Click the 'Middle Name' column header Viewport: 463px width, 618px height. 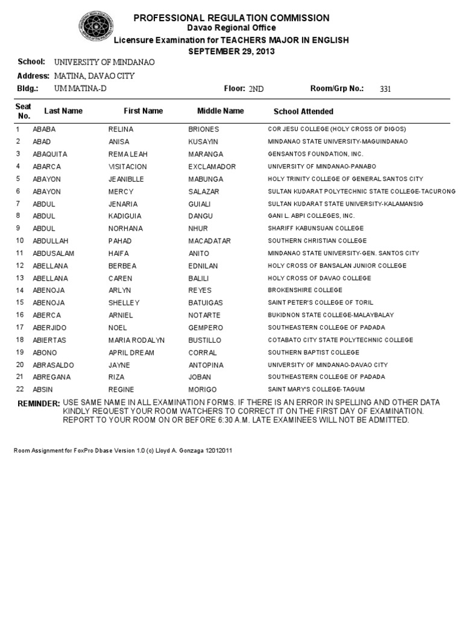point(221,111)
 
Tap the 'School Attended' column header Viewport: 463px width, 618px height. point(303,112)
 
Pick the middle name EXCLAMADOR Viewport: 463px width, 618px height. point(212,167)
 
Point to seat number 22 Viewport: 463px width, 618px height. point(20,389)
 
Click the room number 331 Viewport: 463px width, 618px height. point(386,89)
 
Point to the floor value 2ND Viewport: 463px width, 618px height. point(256,89)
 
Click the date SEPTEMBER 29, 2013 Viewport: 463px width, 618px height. point(231,51)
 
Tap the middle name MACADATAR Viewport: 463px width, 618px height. point(210,241)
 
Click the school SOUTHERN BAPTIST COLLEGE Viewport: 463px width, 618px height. point(313,352)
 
